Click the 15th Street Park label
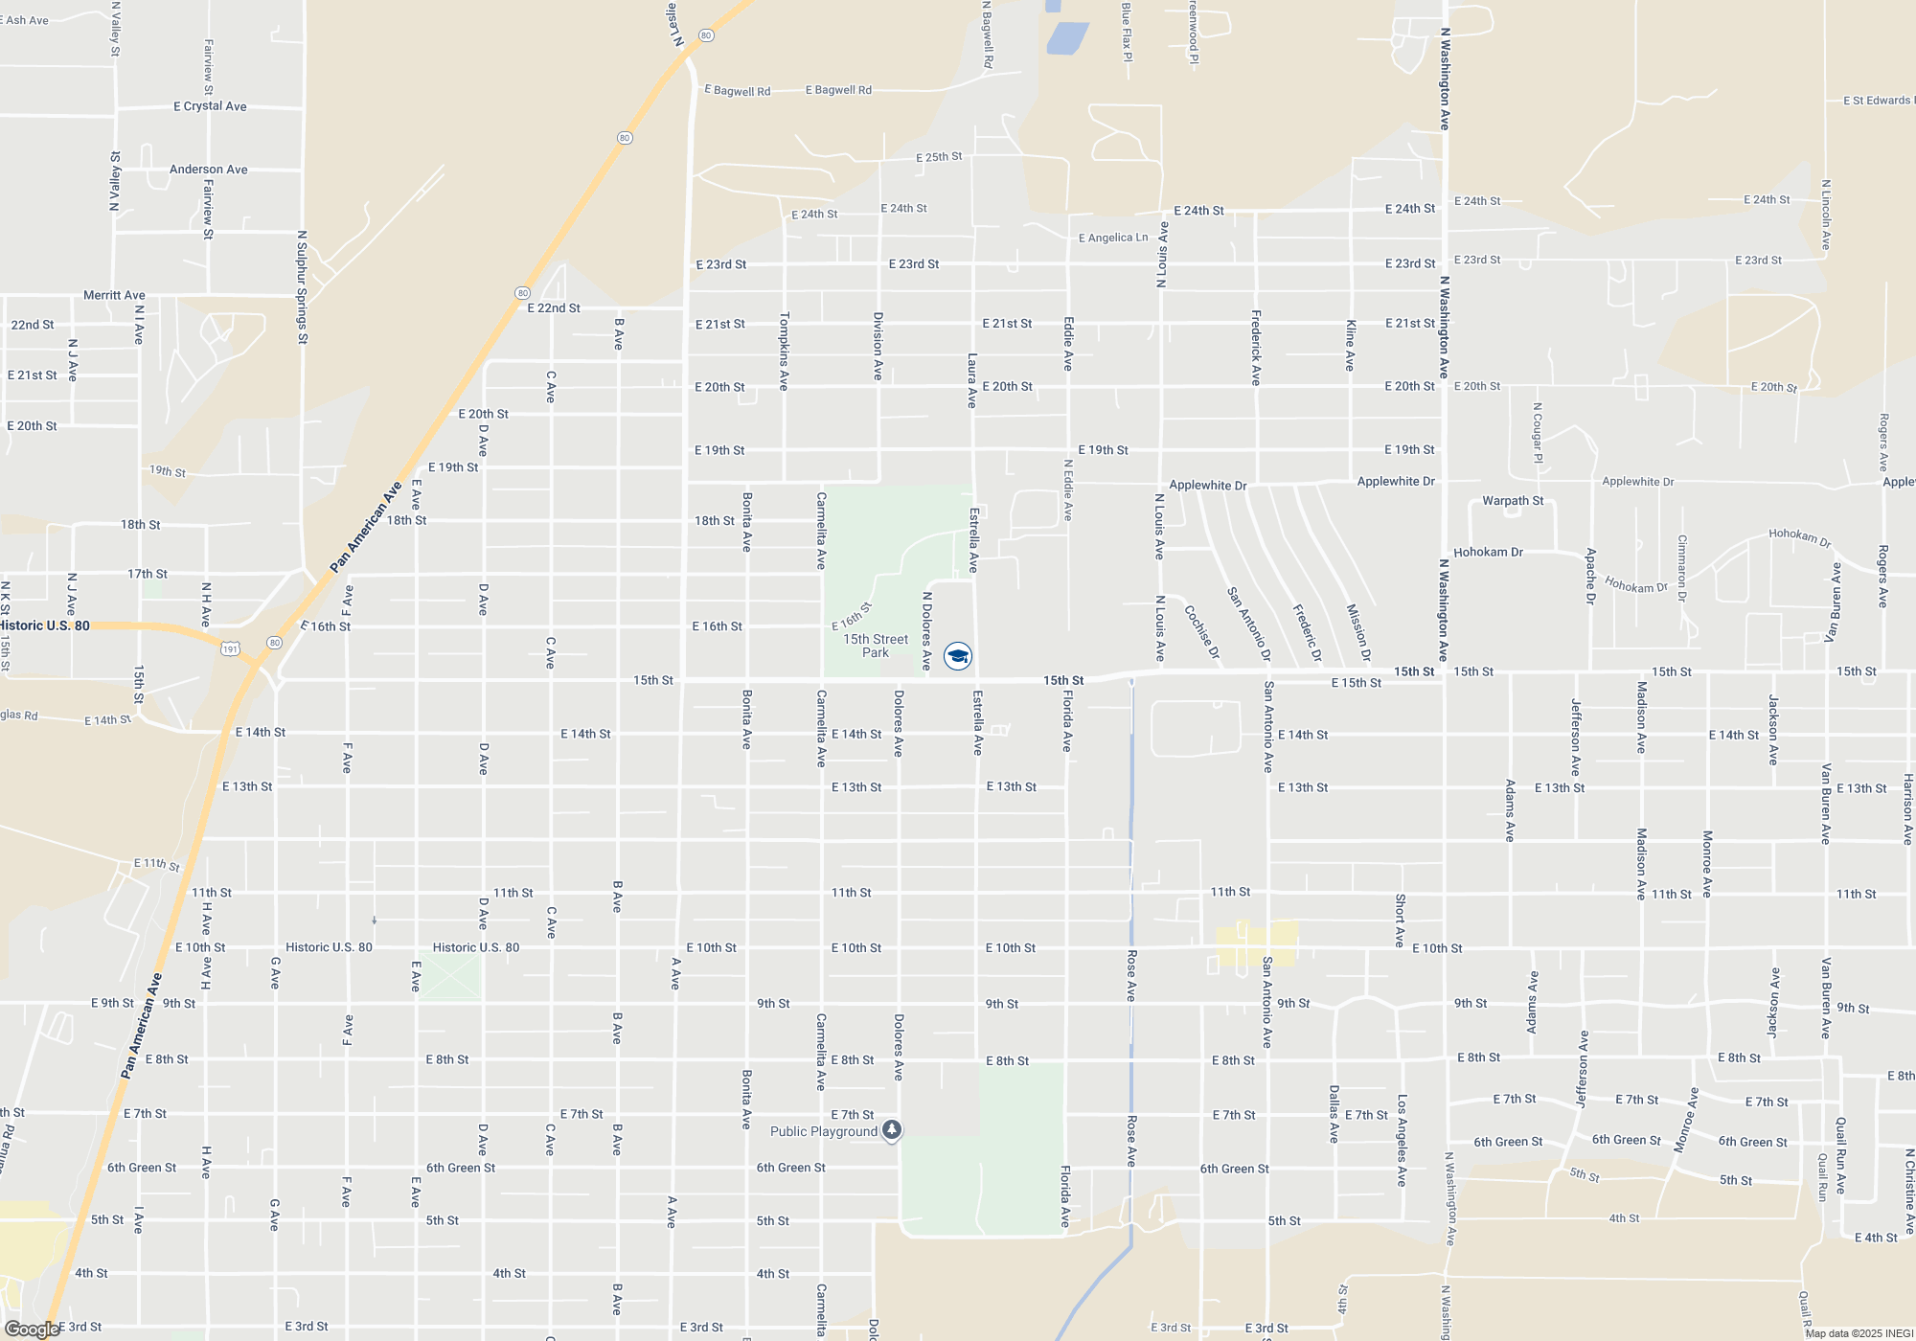[x=876, y=646]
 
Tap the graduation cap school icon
[x=958, y=655]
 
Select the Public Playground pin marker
[x=892, y=1131]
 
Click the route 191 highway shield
[x=230, y=649]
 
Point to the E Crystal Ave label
[x=210, y=106]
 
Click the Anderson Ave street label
[x=208, y=170]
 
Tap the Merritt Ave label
[x=114, y=295]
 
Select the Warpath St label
[x=1513, y=501]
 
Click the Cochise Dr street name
[x=1201, y=632]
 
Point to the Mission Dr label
[x=1358, y=632]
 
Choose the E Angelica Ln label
[x=1113, y=238]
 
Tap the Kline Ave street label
[x=1350, y=345]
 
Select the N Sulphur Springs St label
[x=302, y=286]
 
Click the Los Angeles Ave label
[x=1402, y=1141]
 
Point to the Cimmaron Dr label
[x=1681, y=568]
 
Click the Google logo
[x=32, y=1330]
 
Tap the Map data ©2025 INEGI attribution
[x=1859, y=1333]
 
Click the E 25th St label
[x=939, y=157]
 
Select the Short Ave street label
[x=1400, y=921]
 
